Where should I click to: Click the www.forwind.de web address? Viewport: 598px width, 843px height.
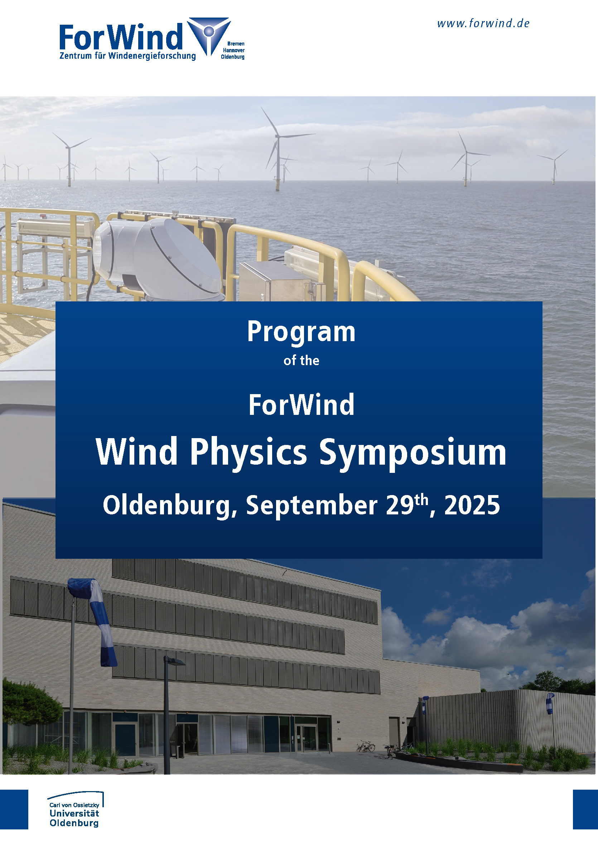click(483, 24)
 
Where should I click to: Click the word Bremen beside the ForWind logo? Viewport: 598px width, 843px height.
click(236, 44)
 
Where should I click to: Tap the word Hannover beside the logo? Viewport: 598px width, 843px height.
click(234, 50)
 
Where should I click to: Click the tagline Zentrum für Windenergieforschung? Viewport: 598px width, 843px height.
click(128, 56)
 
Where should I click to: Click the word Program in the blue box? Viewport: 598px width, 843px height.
click(301, 333)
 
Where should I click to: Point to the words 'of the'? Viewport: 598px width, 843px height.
click(301, 360)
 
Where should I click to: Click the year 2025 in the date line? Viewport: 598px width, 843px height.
click(472, 505)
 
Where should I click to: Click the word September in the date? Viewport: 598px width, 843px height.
click(312, 506)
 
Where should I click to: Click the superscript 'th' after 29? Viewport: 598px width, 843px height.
click(421, 500)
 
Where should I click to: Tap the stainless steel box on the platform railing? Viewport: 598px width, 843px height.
click(275, 281)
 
